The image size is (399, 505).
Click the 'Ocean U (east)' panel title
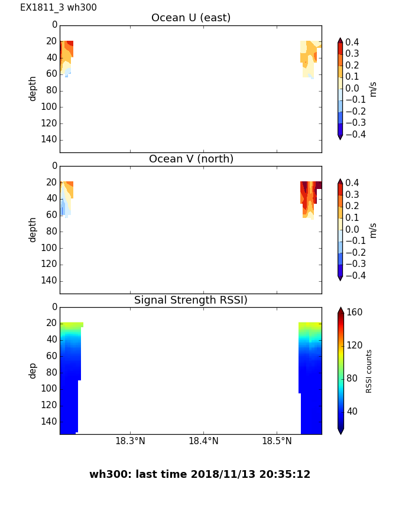tap(191, 18)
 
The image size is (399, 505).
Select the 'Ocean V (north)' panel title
tap(191, 159)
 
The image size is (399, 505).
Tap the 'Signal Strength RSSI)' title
tap(191, 300)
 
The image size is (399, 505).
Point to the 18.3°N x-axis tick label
tap(130, 441)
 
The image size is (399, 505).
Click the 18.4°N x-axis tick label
tap(203, 441)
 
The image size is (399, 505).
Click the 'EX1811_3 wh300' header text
tap(59, 8)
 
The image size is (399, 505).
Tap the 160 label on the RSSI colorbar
tap(355, 312)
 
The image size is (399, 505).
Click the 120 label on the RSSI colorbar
tap(355, 346)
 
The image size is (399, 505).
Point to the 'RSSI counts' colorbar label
tap(369, 371)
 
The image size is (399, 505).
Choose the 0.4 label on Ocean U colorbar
tap(356, 42)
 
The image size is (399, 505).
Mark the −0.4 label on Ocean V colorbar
tap(355, 275)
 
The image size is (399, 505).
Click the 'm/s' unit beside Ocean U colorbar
tap(373, 89)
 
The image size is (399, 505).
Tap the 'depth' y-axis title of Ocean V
tap(33, 229)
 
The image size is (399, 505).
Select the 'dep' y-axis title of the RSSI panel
tap(33, 370)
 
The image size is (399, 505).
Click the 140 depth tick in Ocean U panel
tap(50, 139)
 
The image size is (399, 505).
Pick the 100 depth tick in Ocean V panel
tap(50, 247)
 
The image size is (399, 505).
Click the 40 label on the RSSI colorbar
tap(352, 411)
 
